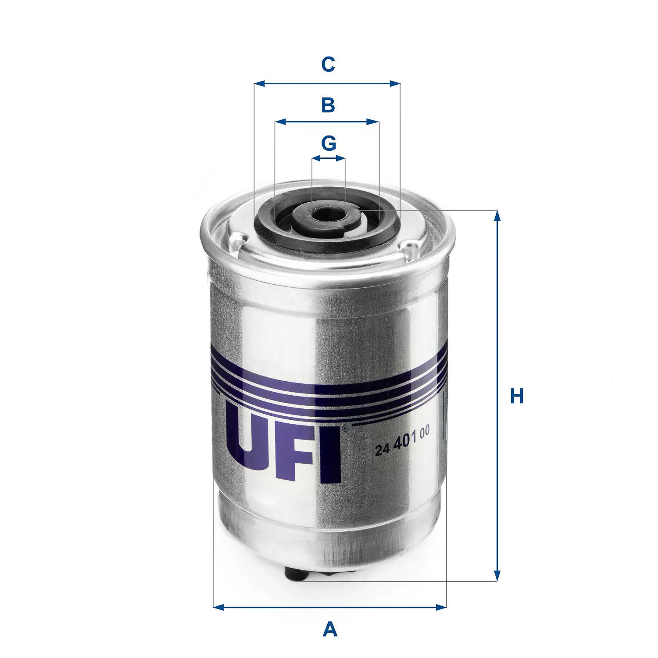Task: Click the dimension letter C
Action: coord(328,64)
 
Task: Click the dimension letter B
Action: coord(328,105)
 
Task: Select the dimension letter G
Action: coord(329,143)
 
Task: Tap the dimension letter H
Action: coord(517,396)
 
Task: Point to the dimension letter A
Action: coord(330,629)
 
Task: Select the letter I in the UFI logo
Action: coord(332,456)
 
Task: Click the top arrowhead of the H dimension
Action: coord(497,215)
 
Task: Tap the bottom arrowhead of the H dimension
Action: coord(497,576)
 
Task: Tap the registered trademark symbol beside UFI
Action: coord(345,429)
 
